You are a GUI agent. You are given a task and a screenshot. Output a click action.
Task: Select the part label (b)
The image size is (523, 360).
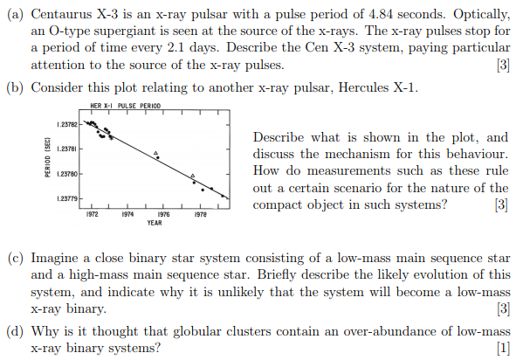click(17, 87)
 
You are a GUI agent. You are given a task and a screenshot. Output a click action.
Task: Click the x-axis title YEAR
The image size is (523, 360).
click(155, 222)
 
